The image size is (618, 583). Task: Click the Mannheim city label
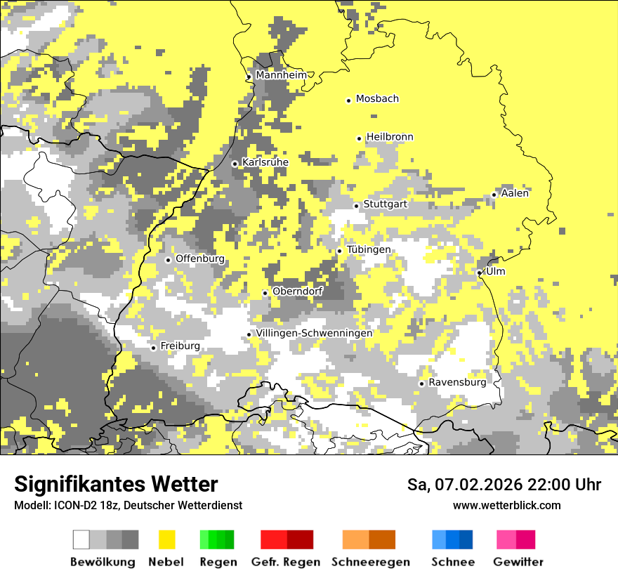click(282, 75)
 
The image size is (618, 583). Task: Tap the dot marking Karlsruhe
click(235, 164)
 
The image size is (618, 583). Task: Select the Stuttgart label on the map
click(385, 204)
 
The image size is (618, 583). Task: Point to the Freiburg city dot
click(154, 348)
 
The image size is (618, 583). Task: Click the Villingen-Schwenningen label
click(314, 333)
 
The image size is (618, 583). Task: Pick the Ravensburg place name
click(457, 383)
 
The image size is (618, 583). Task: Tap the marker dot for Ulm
click(480, 273)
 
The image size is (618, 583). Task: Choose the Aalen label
click(515, 193)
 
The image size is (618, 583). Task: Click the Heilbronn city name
click(390, 137)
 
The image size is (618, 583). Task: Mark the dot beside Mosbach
click(349, 100)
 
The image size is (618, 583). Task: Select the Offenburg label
click(200, 258)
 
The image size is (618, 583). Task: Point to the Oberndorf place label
click(297, 291)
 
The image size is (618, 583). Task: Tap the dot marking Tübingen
click(340, 251)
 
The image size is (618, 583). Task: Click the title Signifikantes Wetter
click(116, 485)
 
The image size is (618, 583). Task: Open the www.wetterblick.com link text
click(506, 506)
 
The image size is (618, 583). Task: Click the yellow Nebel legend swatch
click(167, 539)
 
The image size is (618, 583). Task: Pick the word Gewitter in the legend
click(518, 562)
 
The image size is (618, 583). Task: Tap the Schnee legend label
click(453, 562)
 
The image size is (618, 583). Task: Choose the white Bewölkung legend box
click(81, 539)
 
